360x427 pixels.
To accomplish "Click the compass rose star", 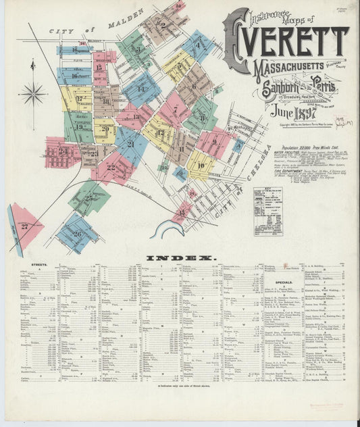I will pos(33,93).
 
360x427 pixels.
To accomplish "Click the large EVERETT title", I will pos(291,40).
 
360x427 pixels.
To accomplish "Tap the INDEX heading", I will pos(180,258).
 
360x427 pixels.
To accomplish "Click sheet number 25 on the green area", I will pos(88,198).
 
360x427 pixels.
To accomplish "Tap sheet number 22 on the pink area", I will pos(110,168).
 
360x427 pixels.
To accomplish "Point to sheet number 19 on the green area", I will pos(79,126).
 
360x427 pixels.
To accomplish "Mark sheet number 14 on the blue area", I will pos(141,89).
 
